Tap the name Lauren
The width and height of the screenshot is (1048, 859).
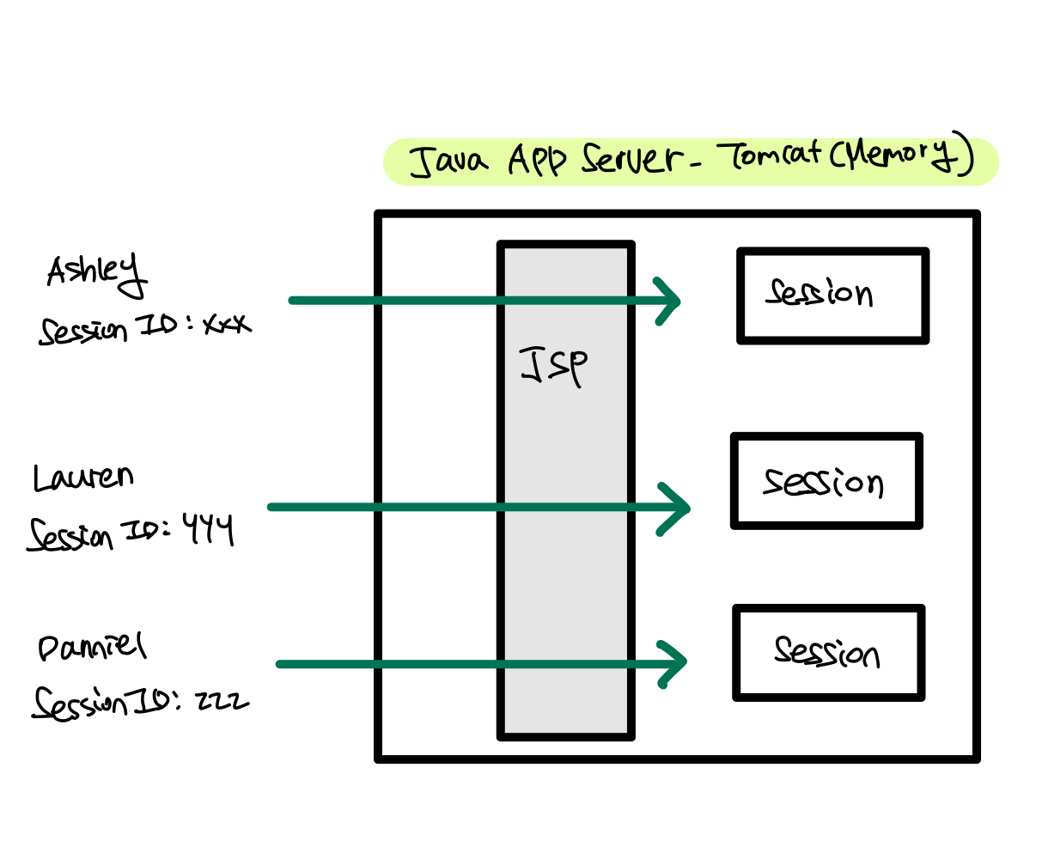click(x=83, y=478)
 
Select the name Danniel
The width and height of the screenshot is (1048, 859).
click(x=92, y=648)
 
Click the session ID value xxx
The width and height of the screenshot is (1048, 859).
click(x=226, y=324)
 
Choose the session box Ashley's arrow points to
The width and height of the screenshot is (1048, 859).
click(x=832, y=295)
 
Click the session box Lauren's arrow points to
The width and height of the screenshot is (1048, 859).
click(x=826, y=481)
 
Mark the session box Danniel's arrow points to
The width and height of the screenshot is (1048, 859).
click(x=828, y=653)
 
